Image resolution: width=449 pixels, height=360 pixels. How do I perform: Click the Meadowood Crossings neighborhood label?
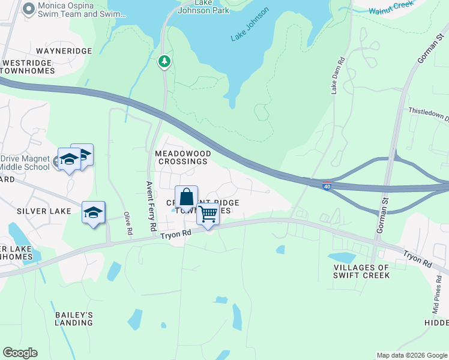(181, 157)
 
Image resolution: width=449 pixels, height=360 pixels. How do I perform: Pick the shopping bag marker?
(187, 197)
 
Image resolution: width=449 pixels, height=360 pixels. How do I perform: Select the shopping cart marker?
(208, 213)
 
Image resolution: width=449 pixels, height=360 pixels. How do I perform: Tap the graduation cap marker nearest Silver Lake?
(93, 212)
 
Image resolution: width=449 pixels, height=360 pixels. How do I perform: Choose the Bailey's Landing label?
(74, 319)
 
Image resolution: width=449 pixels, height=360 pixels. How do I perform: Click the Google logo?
(20, 353)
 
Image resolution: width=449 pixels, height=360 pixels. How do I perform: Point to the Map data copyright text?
(411, 355)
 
